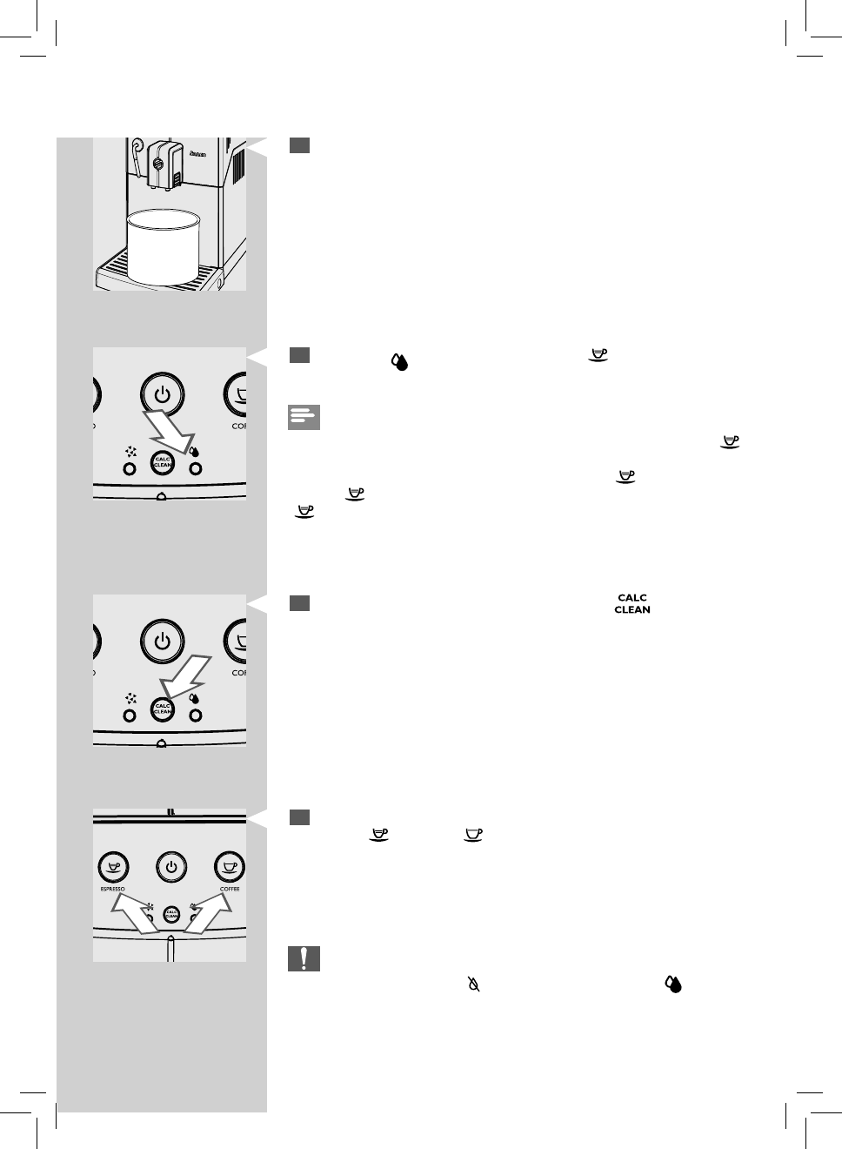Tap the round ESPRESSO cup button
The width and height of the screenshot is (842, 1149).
[113, 867]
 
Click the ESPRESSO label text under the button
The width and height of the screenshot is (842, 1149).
[113, 889]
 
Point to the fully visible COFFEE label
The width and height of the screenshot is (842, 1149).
[230, 889]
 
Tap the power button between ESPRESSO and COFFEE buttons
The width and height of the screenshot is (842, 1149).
[171, 867]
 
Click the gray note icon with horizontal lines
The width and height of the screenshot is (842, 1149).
[304, 417]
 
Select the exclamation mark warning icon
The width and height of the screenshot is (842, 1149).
[304, 958]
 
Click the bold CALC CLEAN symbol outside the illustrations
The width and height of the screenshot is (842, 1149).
[632, 604]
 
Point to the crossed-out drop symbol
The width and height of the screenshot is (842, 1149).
[474, 985]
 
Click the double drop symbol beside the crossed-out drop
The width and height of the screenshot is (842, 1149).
[673, 984]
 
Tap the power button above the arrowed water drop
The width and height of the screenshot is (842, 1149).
[162, 395]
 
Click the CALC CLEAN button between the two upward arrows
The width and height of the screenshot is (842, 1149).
[171, 915]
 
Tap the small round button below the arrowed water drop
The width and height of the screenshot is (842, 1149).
[196, 468]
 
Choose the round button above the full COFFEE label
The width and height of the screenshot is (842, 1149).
[230, 867]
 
